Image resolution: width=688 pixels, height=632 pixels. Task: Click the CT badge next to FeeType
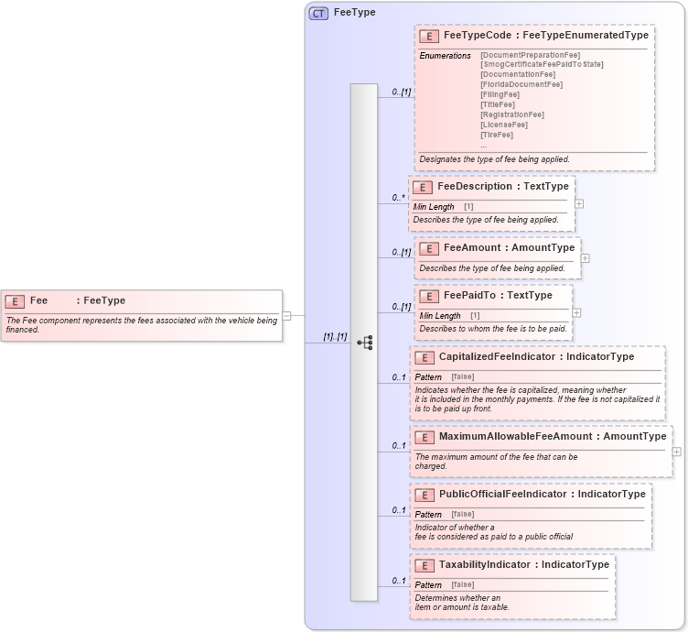(x=318, y=13)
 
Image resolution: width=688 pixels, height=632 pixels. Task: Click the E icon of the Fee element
(x=16, y=300)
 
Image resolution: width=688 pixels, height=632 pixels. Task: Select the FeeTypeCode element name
(x=480, y=36)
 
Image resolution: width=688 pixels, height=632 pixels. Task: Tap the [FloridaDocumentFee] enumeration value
(x=521, y=84)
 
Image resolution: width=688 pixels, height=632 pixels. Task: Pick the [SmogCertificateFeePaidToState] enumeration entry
(x=542, y=64)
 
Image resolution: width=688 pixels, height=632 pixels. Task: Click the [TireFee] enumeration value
(x=497, y=135)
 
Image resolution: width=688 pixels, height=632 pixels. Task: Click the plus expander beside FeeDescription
(x=579, y=203)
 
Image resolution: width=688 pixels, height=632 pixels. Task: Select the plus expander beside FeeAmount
(x=586, y=258)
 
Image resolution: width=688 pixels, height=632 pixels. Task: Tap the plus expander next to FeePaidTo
(x=577, y=312)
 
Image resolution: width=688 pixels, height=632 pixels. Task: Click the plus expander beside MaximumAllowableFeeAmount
(x=677, y=452)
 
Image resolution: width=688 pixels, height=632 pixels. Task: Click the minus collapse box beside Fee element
(x=286, y=315)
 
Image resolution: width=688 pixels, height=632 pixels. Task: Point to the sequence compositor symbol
(x=364, y=343)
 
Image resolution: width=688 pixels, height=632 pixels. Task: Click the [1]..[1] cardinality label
(x=335, y=336)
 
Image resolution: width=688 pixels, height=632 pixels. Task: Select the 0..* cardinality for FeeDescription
(x=399, y=197)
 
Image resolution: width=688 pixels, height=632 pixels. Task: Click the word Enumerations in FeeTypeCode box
(x=445, y=56)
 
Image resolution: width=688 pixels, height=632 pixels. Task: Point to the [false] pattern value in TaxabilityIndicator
(x=462, y=584)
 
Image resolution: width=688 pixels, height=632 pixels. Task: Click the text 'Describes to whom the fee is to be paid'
(x=493, y=328)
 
